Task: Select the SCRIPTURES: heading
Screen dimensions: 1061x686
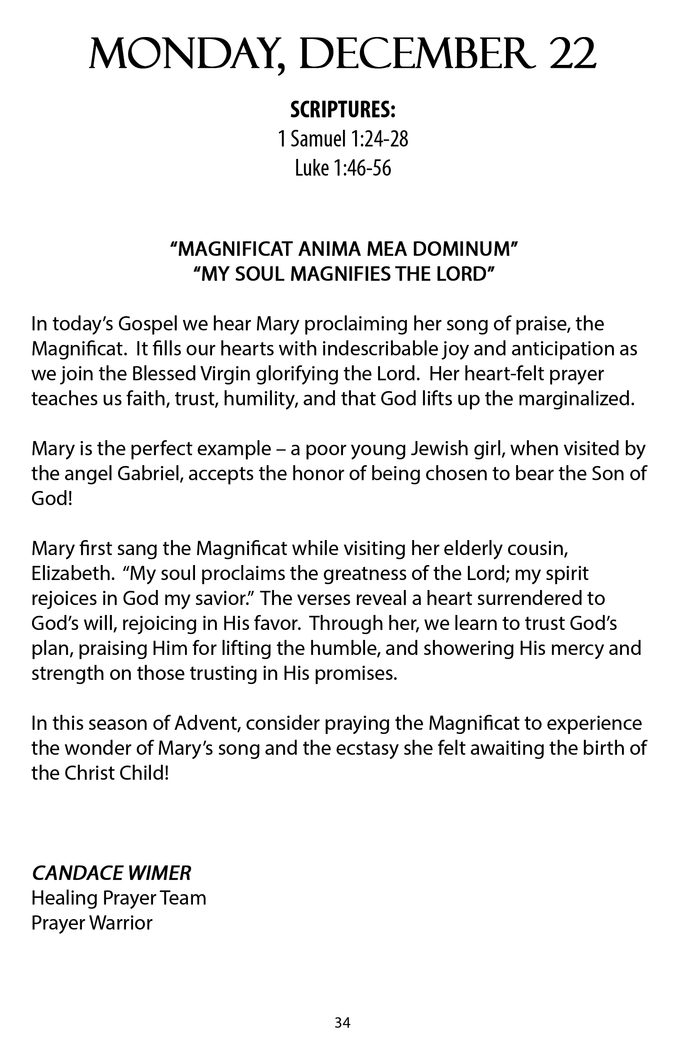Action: click(343, 110)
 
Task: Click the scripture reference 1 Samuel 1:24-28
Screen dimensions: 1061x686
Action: click(343, 139)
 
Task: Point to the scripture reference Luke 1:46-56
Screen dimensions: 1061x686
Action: click(343, 168)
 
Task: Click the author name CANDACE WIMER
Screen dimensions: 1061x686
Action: click(111, 873)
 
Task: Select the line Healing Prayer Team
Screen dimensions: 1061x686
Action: click(118, 898)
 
